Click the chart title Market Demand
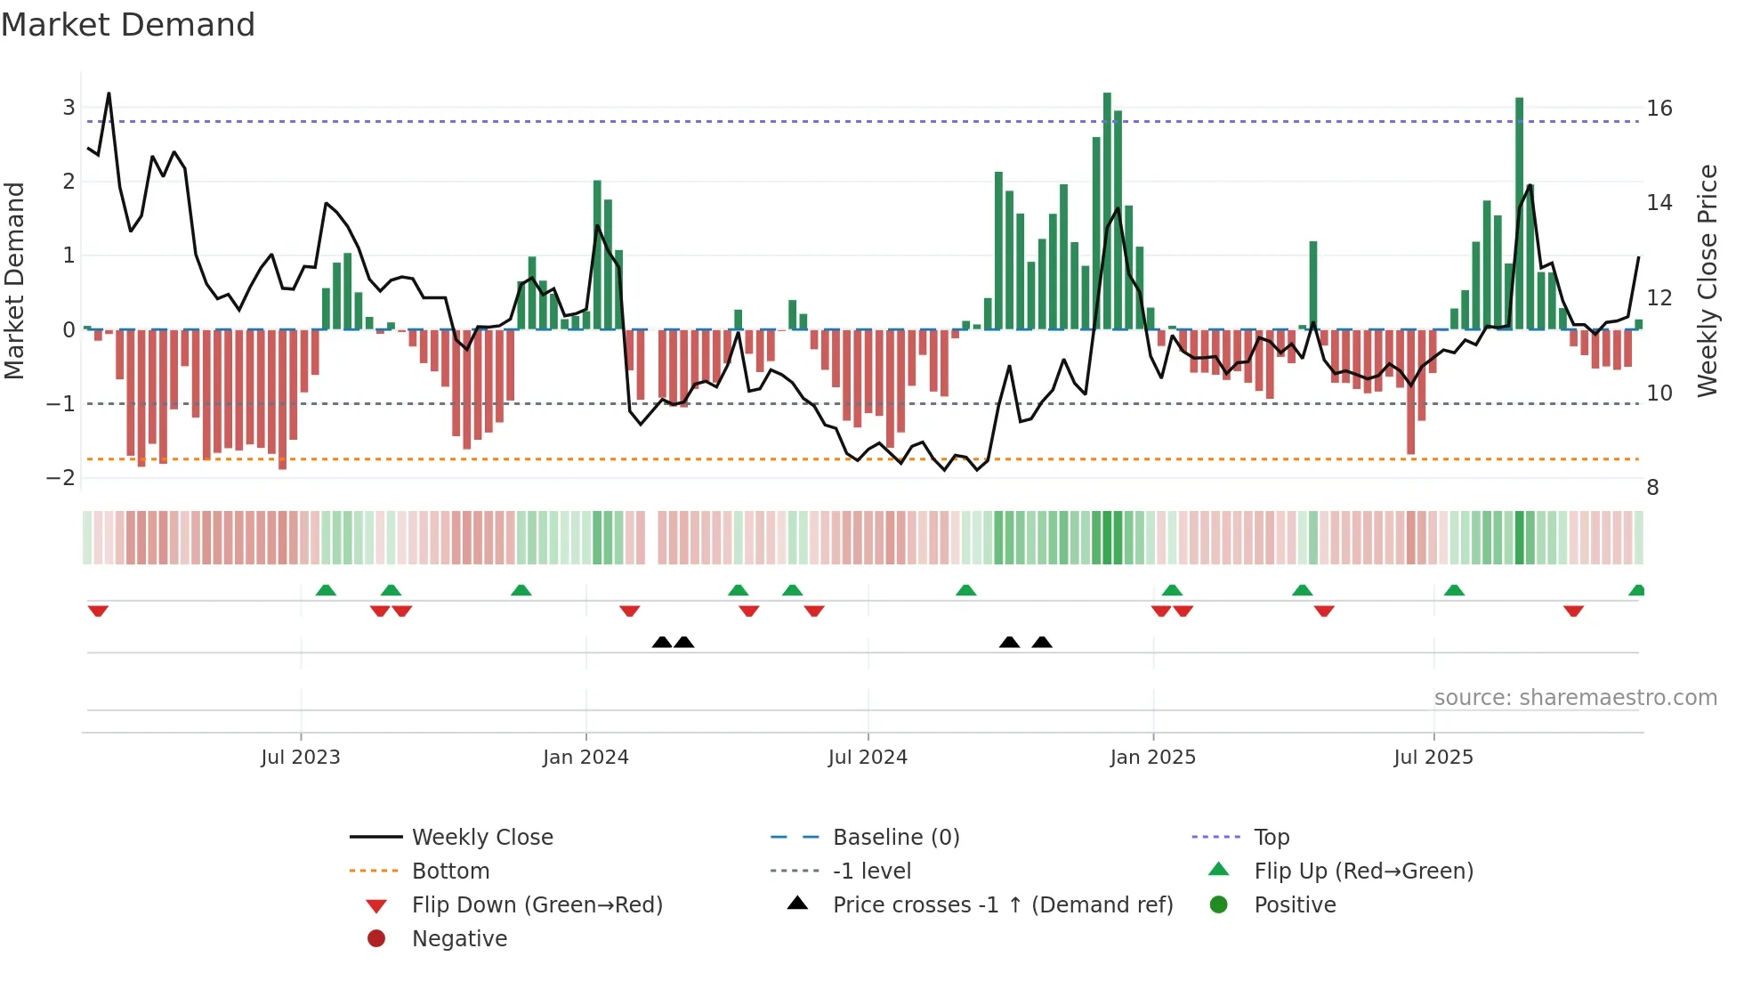tap(128, 25)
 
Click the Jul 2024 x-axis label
tap(868, 758)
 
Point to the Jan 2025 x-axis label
tap(1152, 758)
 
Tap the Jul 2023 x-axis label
tap(301, 758)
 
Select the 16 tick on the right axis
tap(1659, 109)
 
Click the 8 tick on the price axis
tap(1652, 488)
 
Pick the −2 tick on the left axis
tap(61, 478)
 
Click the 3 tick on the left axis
tap(69, 108)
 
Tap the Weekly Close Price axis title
tap(1707, 280)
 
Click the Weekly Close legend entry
tap(481, 838)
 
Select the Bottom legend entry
tap(450, 872)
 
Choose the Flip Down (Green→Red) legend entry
tap(537, 905)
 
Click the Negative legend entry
tap(459, 939)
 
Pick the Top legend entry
tap(1272, 838)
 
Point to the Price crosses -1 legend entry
tap(1002, 905)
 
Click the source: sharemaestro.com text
tap(1575, 698)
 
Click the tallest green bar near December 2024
tap(1107, 210)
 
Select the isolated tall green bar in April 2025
tap(1313, 285)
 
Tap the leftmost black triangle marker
tap(662, 642)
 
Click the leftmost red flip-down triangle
tap(98, 612)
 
